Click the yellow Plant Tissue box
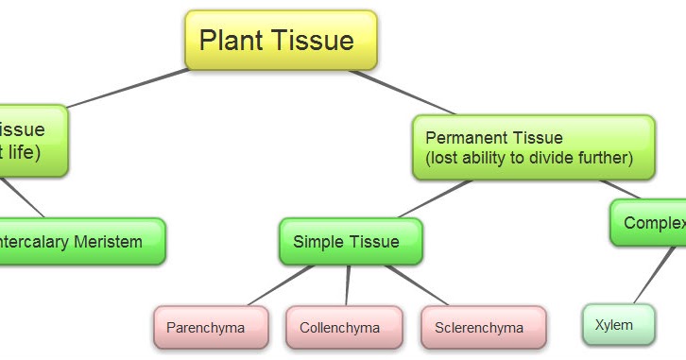click(280, 41)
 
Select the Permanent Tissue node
click(533, 147)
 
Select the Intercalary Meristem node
click(80, 242)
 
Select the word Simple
click(318, 242)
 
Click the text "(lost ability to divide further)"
click(529, 158)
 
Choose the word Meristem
click(108, 242)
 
